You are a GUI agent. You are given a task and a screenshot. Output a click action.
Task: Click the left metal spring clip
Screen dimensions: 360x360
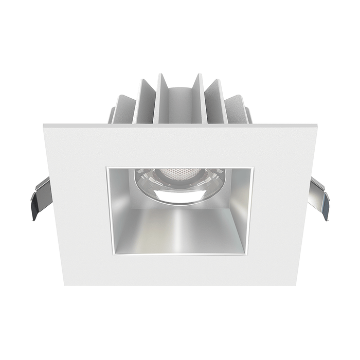[x=40, y=198]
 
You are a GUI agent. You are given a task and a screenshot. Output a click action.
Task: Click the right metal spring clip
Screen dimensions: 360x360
[x=319, y=198]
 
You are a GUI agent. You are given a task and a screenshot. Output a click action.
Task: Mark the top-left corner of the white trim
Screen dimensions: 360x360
[x=44, y=123]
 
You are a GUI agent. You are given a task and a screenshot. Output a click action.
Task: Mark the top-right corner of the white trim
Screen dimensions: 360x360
[x=316, y=123]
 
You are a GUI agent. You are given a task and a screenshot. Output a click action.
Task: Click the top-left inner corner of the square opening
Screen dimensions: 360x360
[x=106, y=167]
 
